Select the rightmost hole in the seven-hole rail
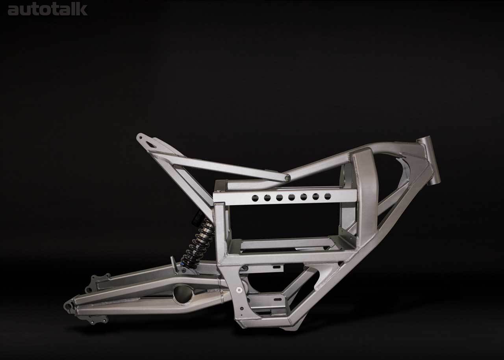point(328,196)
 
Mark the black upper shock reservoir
point(196,217)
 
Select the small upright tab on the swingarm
point(172,262)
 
